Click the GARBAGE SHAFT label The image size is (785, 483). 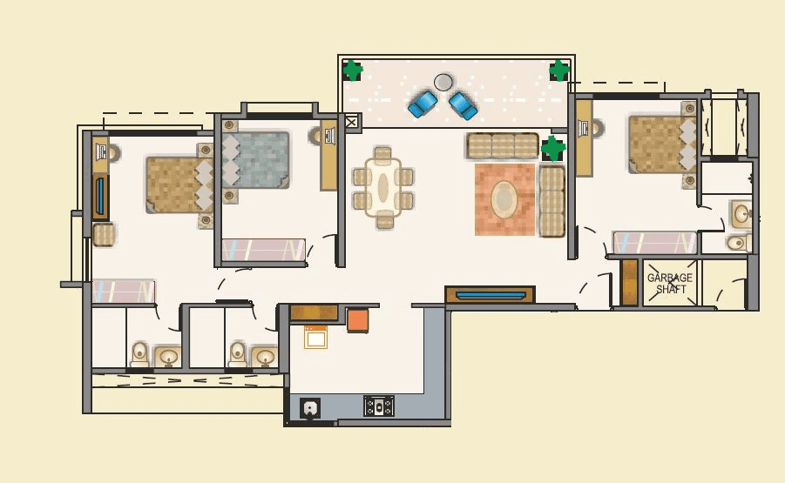click(669, 283)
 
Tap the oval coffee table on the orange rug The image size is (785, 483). click(504, 199)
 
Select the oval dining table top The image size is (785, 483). click(382, 186)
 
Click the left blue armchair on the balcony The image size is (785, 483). click(423, 104)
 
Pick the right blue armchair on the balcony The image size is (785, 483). click(463, 104)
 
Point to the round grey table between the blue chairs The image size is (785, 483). click(443, 82)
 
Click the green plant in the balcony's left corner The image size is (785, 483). click(352, 70)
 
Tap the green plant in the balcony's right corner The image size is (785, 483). click(558, 70)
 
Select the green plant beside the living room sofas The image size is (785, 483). click(552, 148)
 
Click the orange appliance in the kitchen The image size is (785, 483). click(358, 319)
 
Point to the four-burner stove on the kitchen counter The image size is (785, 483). click(379, 406)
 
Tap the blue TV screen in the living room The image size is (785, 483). click(489, 295)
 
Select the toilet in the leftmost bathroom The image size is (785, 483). click(139, 353)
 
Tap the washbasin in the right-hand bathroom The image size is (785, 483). click(741, 213)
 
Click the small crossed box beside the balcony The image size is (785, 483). click(351, 123)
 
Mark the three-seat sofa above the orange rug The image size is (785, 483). click(502, 145)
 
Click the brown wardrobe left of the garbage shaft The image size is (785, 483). click(629, 283)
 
